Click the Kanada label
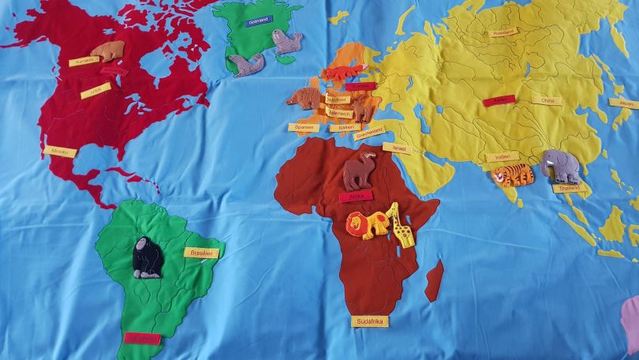pyautogui.click(x=80, y=61)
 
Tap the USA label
pyautogui.click(x=95, y=91)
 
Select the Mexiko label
pyautogui.click(x=62, y=151)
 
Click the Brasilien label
pyautogui.click(x=198, y=252)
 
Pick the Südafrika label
pyautogui.click(x=369, y=321)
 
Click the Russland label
pyautogui.click(x=503, y=33)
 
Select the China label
pyautogui.click(x=546, y=101)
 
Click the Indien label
pyautogui.click(x=502, y=157)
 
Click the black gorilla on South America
pyautogui.click(x=147, y=257)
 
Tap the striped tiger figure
pyautogui.click(x=514, y=174)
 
